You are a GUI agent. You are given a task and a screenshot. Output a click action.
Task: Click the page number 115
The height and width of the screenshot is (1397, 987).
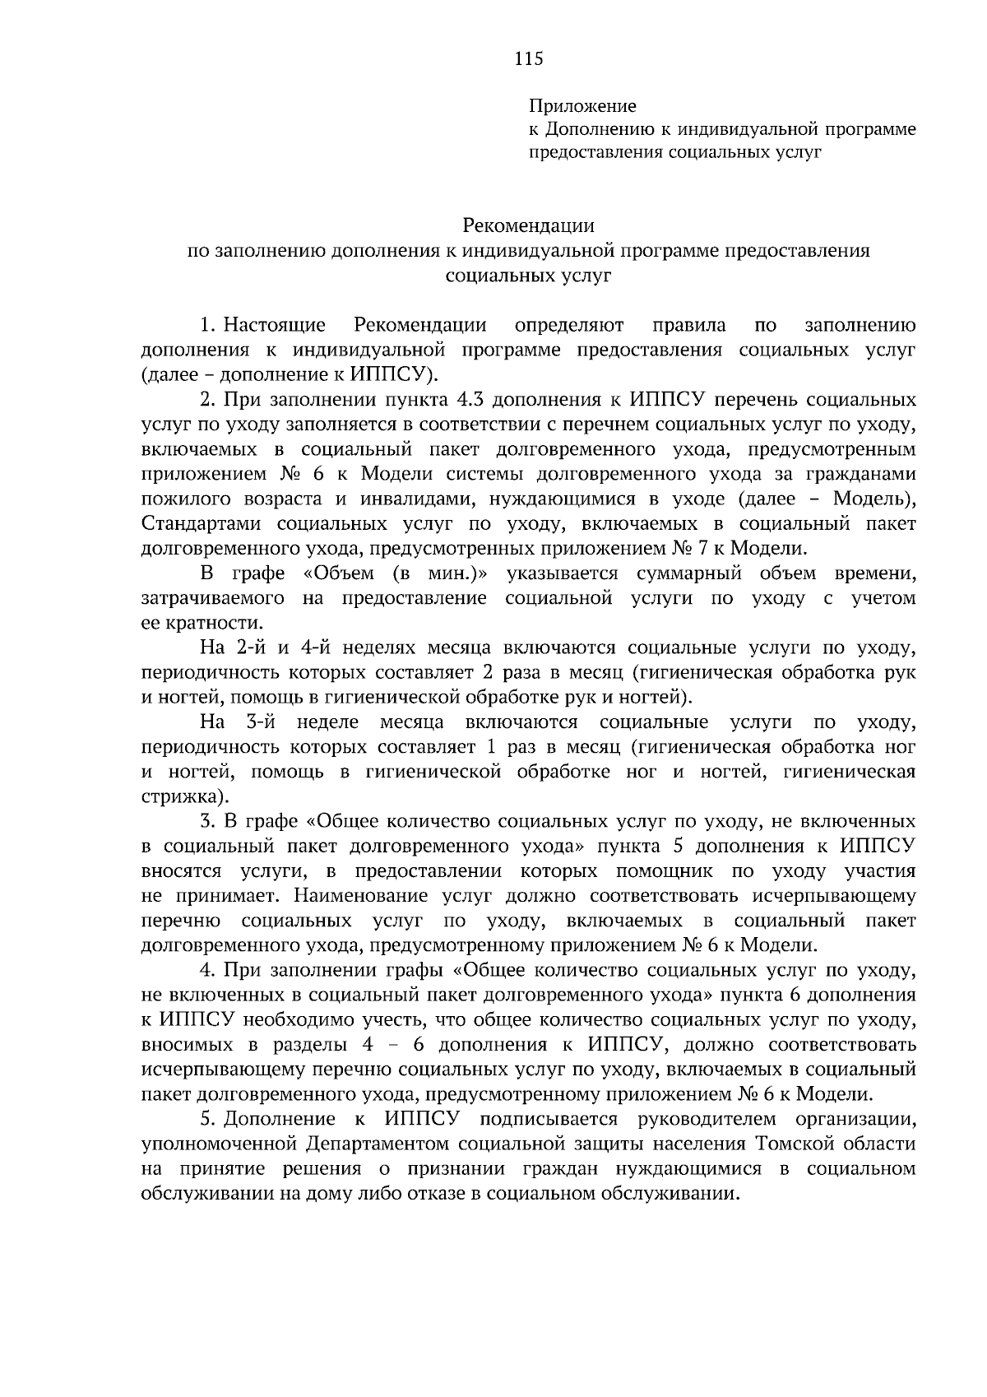tap(529, 58)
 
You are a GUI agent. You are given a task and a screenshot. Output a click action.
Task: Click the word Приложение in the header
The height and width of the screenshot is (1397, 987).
tap(582, 106)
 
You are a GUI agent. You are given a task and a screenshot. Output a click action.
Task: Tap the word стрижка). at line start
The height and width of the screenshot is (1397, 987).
tap(184, 796)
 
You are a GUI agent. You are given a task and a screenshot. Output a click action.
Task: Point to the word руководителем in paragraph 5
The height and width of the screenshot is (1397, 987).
tap(705, 1119)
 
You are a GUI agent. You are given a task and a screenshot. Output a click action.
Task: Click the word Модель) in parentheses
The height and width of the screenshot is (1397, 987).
tap(873, 499)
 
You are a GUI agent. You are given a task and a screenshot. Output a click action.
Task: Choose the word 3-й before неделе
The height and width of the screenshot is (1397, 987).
tap(264, 722)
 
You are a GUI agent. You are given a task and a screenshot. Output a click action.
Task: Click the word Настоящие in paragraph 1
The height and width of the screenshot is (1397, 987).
tap(274, 325)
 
